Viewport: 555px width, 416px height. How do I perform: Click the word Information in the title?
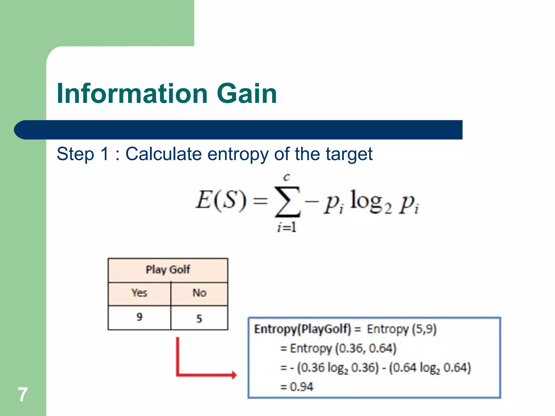pyautogui.click(x=132, y=93)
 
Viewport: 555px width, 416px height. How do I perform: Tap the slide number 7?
pyautogui.click(x=23, y=394)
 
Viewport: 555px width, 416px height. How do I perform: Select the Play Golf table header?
pyautogui.click(x=168, y=270)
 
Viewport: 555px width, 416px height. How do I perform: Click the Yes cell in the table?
pyautogui.click(x=139, y=293)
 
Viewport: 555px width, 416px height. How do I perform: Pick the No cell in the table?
pyautogui.click(x=199, y=293)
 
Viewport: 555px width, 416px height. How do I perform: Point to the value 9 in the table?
pyautogui.click(x=139, y=317)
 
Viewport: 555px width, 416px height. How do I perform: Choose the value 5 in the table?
pyautogui.click(x=199, y=318)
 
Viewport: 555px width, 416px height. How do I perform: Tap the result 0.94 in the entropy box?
pyautogui.click(x=301, y=387)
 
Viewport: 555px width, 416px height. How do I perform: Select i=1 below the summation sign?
pyautogui.click(x=287, y=227)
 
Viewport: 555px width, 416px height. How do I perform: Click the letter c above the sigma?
pyautogui.click(x=286, y=177)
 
